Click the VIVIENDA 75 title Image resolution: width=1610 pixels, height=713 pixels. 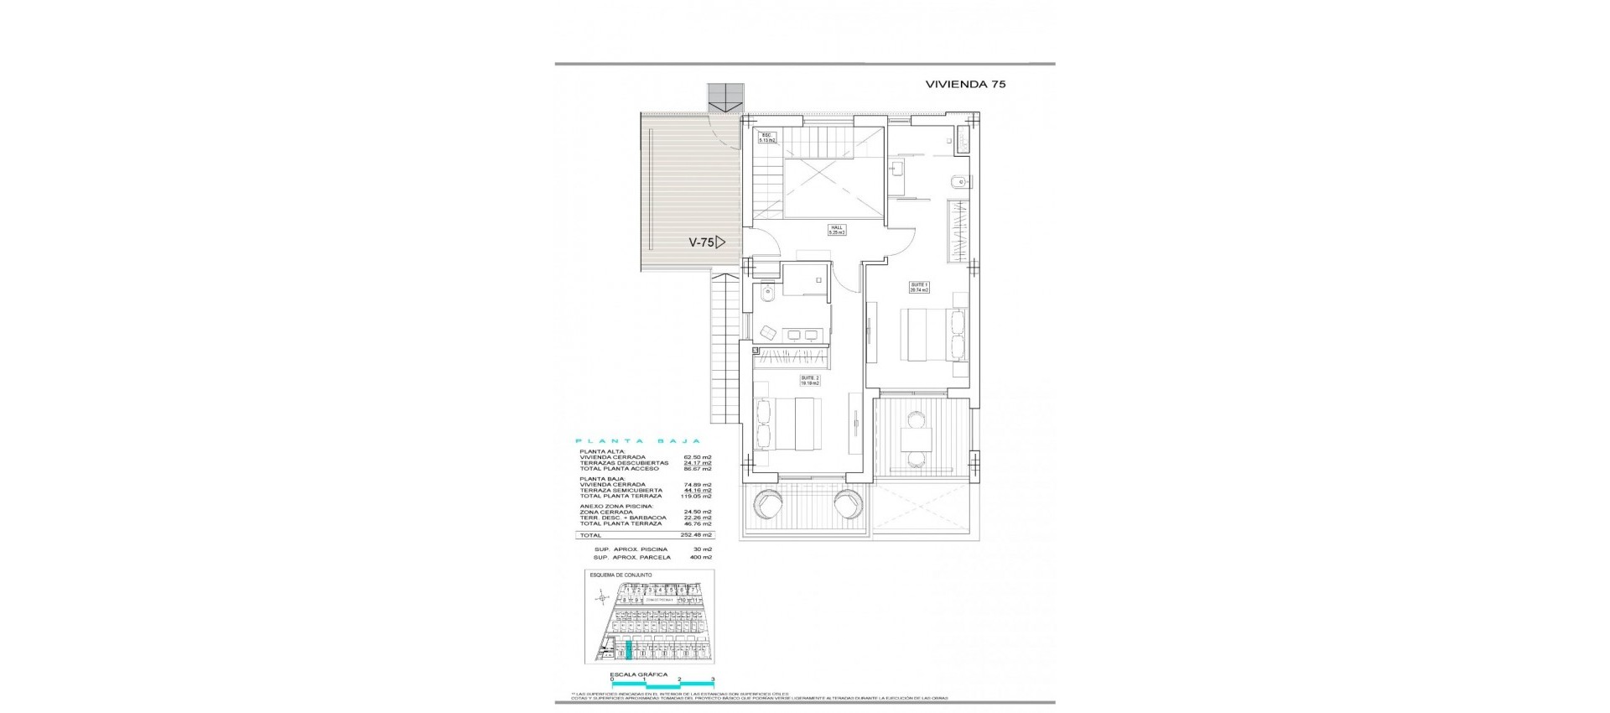[x=964, y=84]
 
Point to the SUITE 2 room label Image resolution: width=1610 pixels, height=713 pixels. [x=808, y=380]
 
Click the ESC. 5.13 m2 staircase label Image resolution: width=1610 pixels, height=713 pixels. [x=767, y=138]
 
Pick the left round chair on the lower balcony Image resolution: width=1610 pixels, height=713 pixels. [x=770, y=505]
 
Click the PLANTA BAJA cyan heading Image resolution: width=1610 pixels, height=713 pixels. [x=638, y=440]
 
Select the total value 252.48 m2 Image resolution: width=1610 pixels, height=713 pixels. [x=697, y=535]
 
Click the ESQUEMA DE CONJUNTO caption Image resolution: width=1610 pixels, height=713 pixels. [x=621, y=575]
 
